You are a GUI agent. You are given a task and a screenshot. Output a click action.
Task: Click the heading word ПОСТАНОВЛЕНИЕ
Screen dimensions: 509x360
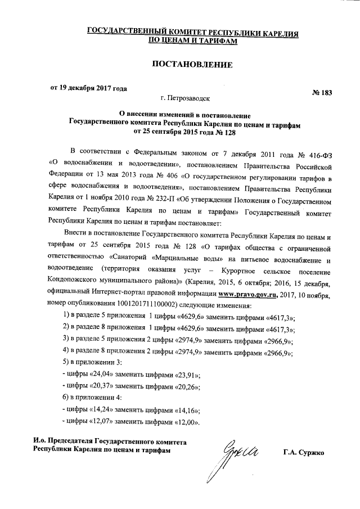(193, 65)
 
